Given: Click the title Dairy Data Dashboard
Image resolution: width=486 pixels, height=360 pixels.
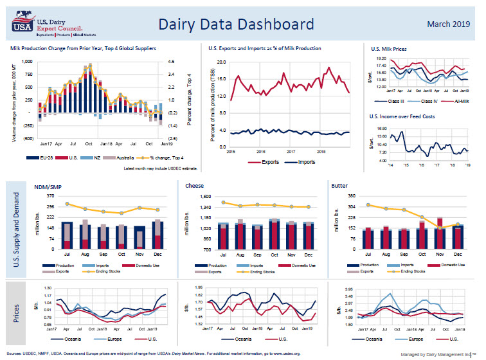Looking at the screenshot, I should (x=236, y=25).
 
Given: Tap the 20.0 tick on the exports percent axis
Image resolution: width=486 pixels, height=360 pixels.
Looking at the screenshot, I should (x=221, y=62).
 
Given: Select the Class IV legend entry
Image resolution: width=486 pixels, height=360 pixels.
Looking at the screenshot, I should (x=423, y=101).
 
